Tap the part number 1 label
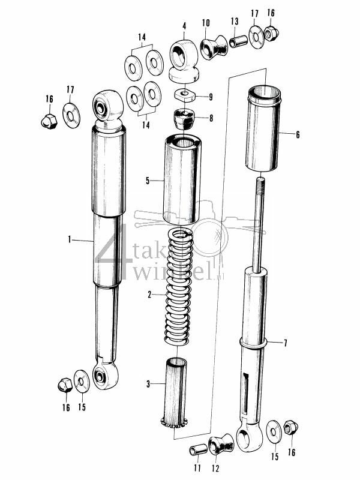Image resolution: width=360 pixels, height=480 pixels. point(70,239)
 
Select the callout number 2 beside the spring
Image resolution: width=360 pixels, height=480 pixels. point(149,295)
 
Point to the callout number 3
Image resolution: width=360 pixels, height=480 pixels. point(148,384)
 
